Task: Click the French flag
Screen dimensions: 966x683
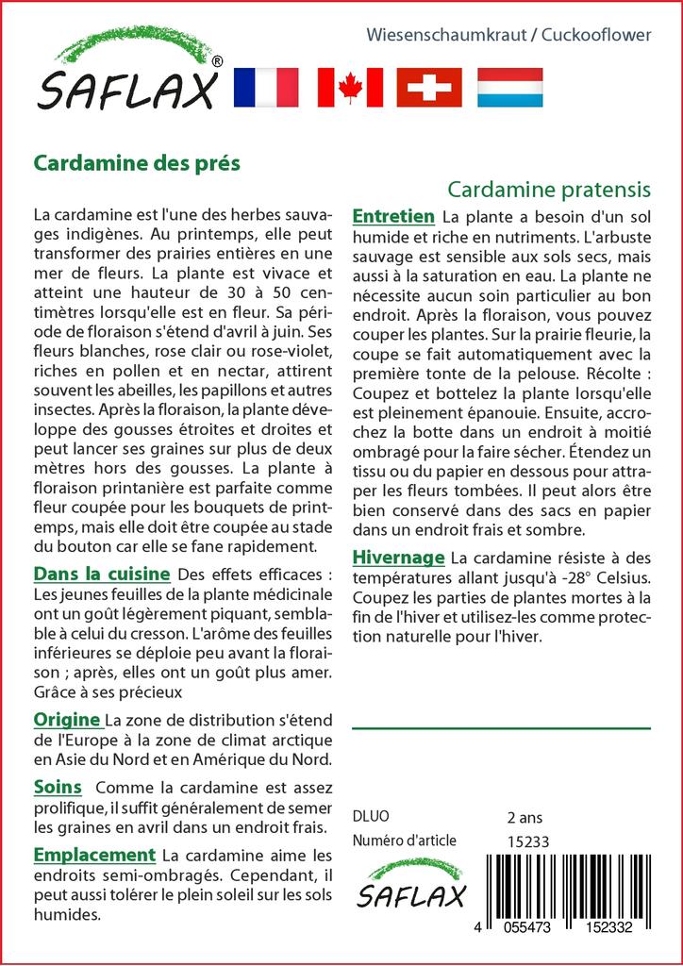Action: [265, 88]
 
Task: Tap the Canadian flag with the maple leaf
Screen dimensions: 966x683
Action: [350, 88]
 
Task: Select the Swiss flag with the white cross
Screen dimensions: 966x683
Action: [429, 88]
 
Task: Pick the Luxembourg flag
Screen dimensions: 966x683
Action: [509, 88]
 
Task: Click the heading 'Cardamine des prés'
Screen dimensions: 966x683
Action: [138, 162]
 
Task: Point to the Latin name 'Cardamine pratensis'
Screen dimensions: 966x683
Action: [550, 189]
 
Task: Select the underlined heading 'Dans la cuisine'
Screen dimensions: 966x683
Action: [102, 574]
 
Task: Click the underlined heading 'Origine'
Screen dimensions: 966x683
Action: [67, 720]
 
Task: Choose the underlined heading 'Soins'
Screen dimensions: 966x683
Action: [58, 787]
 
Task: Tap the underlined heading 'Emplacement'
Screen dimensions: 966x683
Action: [93, 855]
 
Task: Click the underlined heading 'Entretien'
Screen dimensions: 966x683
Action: [393, 216]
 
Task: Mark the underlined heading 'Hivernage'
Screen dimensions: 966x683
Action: [397, 556]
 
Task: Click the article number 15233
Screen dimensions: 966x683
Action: [528, 841]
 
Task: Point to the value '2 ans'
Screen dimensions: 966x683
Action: [525, 817]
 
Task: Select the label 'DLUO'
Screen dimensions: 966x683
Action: [370, 817]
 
